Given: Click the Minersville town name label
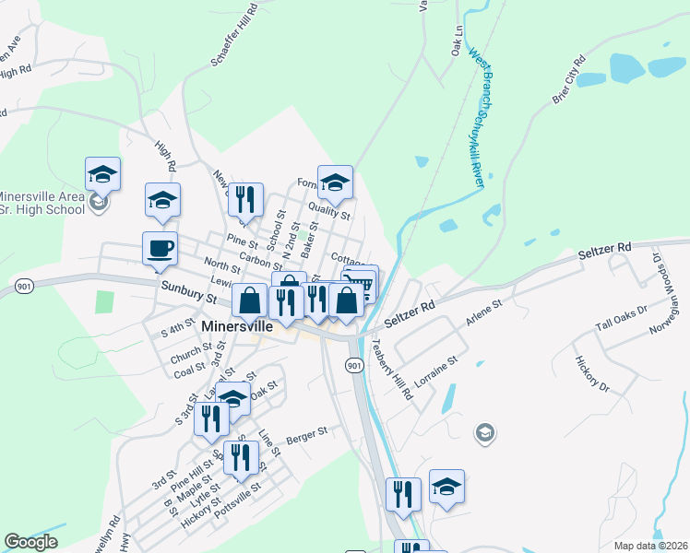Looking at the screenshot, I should pos(237,327).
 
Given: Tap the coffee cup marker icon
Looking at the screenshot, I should pos(160,248).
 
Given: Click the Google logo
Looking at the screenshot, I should pos(31,541).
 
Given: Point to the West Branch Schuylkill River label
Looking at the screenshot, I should pos(478,119).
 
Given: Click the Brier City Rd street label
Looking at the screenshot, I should pos(569,80).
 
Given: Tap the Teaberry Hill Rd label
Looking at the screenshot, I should pos(392,369).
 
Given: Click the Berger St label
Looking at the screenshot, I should pos(307,432).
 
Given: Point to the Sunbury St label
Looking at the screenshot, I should pos(187,293).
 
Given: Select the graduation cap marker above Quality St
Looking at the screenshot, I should pos(335,182).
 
